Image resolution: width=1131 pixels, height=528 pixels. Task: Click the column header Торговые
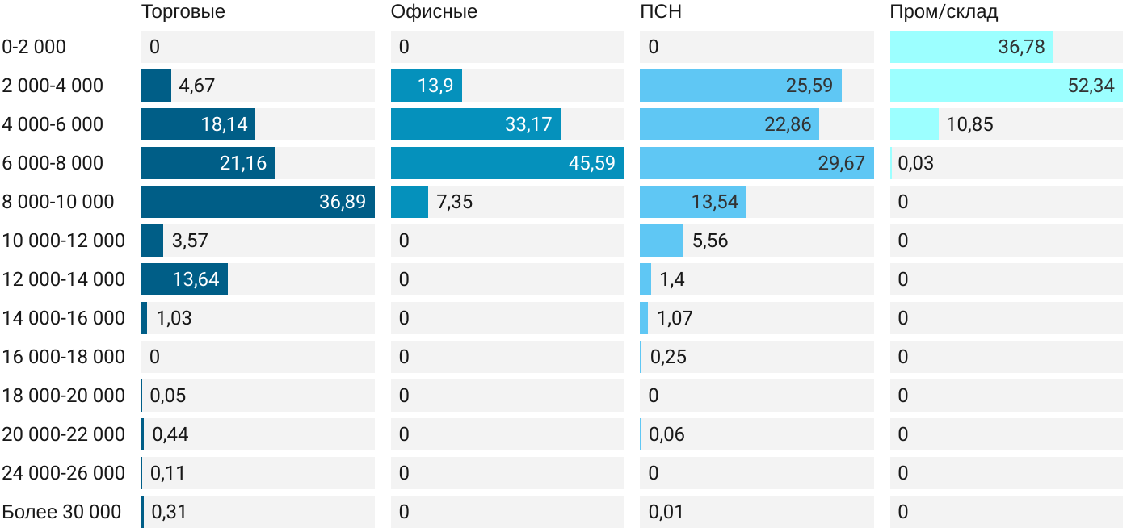point(183,12)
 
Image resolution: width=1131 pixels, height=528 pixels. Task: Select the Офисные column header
point(434,12)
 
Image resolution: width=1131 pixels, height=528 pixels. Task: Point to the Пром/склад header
point(944,12)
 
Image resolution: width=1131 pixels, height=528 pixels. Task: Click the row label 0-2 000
point(34,47)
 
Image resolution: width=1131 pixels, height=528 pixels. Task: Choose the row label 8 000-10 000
point(58,202)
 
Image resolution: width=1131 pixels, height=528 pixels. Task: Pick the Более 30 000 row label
point(61,512)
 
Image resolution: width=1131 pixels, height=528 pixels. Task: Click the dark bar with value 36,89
point(257,202)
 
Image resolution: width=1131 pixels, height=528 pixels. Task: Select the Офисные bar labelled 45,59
point(507,163)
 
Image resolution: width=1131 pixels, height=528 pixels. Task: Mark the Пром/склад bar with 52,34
point(1006,86)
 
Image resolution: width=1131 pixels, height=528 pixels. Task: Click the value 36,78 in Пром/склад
point(1021,47)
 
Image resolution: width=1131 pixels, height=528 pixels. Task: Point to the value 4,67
point(197,86)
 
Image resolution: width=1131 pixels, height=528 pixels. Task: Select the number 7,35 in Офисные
point(454,202)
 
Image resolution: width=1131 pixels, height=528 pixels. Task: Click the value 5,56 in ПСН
point(710,241)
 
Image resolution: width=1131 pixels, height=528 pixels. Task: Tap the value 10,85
point(969,124)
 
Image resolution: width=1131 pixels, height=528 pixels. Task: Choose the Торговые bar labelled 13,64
point(184,279)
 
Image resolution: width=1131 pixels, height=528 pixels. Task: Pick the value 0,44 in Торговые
point(170,434)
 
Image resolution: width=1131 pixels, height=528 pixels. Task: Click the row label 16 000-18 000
point(63,357)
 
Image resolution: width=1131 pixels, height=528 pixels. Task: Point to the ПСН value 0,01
point(666,512)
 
